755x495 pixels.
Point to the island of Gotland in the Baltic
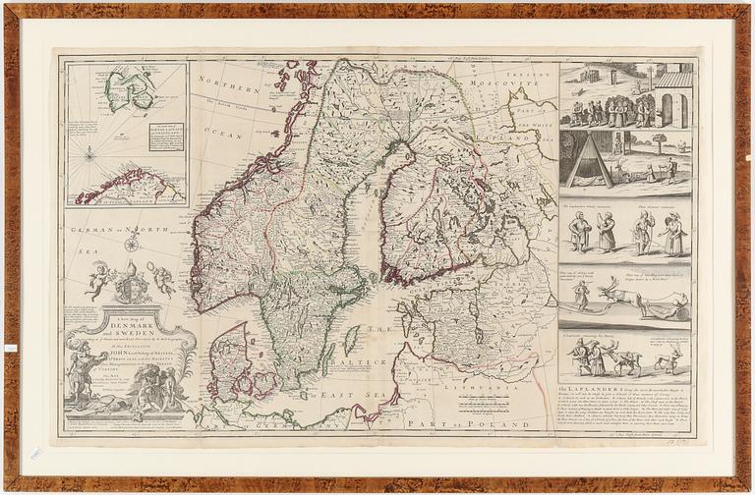pos(352,340)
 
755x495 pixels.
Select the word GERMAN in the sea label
pos(92,227)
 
